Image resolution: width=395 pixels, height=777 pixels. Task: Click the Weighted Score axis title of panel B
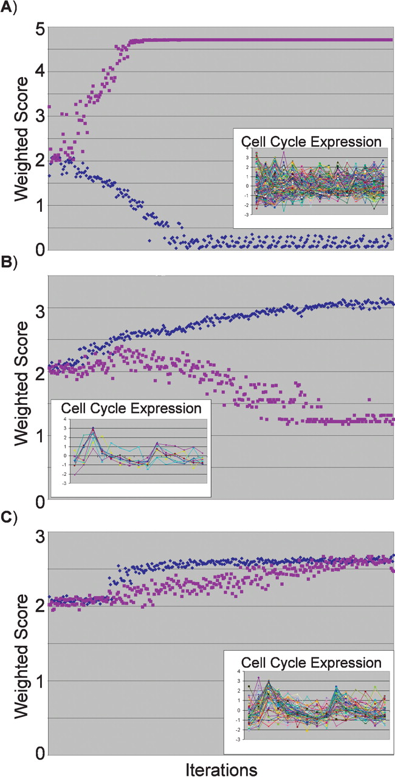tap(21, 388)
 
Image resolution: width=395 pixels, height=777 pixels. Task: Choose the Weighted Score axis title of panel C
tap(21, 643)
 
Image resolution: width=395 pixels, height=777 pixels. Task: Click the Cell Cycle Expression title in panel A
tap(312, 141)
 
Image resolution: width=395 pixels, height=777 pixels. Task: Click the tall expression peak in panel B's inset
tap(93, 428)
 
